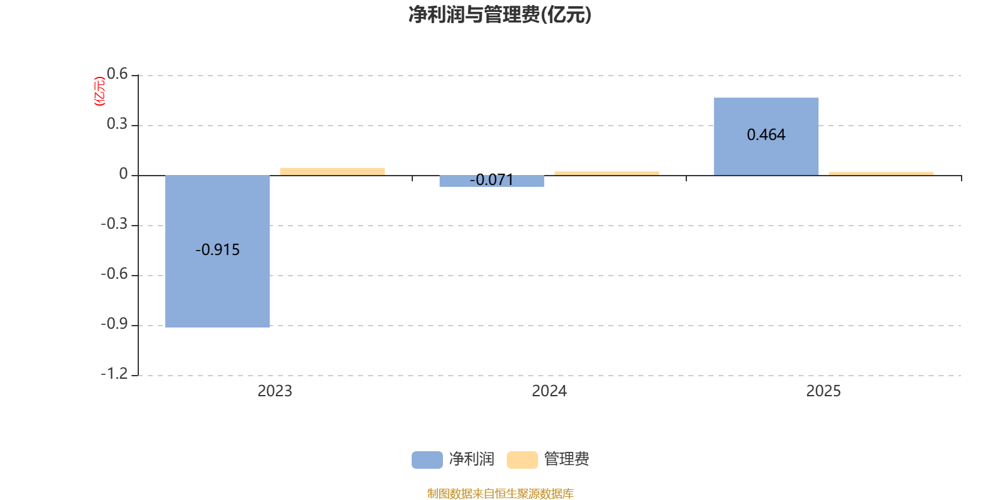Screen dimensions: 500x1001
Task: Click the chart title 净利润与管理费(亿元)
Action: pyautogui.click(x=499, y=15)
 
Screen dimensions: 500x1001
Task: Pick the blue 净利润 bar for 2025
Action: pyautogui.click(x=766, y=156)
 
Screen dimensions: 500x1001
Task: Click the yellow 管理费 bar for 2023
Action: pyautogui.click(x=332, y=171)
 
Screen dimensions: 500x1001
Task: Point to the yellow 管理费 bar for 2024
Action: pyautogui.click(x=606, y=173)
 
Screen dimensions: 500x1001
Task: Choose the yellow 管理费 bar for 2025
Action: pyautogui.click(x=881, y=173)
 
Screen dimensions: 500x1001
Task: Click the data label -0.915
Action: pyautogui.click(x=218, y=250)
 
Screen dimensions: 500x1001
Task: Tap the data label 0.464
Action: pyautogui.click(x=766, y=135)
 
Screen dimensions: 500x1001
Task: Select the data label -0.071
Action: pyautogui.click(x=492, y=181)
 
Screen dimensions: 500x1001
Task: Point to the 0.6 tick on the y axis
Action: pyautogui.click(x=117, y=74)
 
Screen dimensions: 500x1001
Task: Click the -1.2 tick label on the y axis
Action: pyautogui.click(x=114, y=374)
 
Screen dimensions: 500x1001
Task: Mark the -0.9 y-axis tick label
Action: pyautogui.click(x=114, y=324)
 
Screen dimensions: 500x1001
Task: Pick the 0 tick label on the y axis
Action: pyautogui.click(x=123, y=174)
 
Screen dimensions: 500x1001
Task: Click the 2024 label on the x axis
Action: pyautogui.click(x=549, y=391)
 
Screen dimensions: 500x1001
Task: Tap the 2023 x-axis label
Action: pyautogui.click(x=275, y=391)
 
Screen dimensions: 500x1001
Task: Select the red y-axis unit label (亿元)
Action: pyautogui.click(x=99, y=91)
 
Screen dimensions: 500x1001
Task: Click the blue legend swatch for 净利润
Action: pyautogui.click(x=427, y=459)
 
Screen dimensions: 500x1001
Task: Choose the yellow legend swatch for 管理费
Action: pyautogui.click(x=522, y=459)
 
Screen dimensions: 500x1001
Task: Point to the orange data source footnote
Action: pyautogui.click(x=500, y=494)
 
